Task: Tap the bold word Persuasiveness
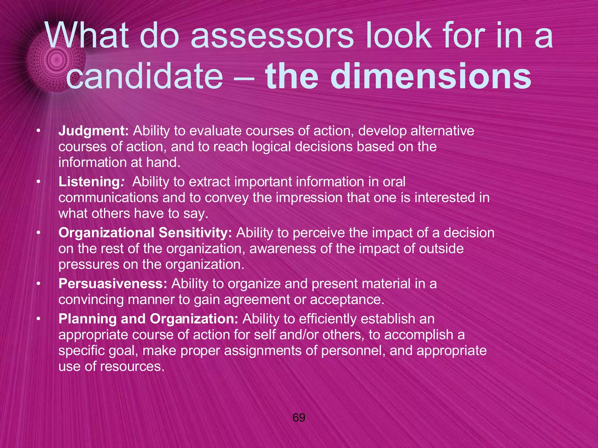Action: [x=113, y=284]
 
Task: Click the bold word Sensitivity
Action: [x=195, y=233]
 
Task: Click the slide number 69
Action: [x=299, y=418]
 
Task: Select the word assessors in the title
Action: [x=272, y=36]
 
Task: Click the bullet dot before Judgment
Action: [x=38, y=131]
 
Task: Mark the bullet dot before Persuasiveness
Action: [x=38, y=284]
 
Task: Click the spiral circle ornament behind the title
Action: [x=55, y=61]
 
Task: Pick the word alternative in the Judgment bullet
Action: [x=442, y=131]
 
